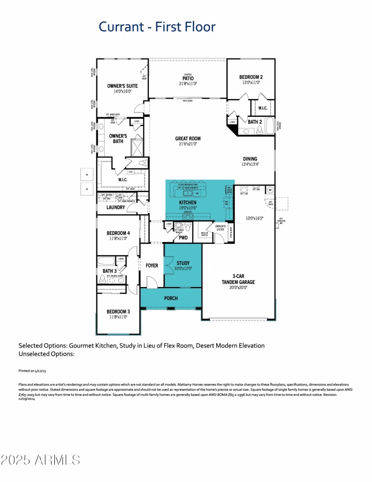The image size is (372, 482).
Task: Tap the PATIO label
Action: [x=188, y=78]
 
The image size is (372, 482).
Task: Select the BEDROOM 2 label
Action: [x=251, y=77]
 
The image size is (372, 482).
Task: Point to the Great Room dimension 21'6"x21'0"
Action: [x=188, y=144]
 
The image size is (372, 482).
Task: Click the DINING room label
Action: [x=250, y=159]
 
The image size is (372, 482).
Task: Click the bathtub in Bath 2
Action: [x=271, y=126]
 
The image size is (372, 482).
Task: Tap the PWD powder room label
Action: [x=183, y=238]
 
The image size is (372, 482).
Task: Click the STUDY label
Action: [x=183, y=263]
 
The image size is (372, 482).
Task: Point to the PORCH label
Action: [x=171, y=298]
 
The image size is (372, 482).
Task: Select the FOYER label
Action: [x=152, y=266]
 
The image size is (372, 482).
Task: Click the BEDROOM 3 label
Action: [x=118, y=311]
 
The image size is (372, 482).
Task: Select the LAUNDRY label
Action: [x=116, y=207]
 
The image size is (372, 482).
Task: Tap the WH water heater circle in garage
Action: [x=270, y=190]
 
